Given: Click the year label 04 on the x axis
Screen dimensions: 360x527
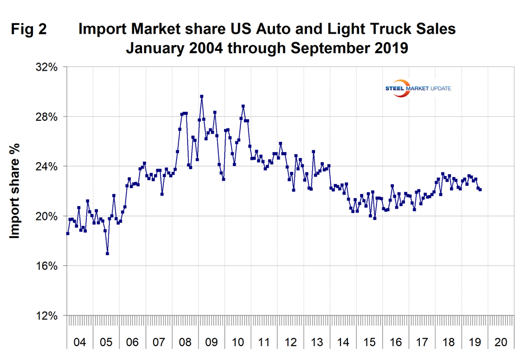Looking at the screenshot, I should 80,342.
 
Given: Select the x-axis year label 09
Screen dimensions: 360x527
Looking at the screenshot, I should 211,342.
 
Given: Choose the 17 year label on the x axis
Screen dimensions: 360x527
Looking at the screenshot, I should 422,342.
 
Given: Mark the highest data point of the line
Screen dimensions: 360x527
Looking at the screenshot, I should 202,97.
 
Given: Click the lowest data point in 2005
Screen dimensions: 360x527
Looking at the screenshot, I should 108,254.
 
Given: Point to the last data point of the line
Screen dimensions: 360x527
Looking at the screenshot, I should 480,189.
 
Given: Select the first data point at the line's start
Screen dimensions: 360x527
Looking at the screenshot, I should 68,233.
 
